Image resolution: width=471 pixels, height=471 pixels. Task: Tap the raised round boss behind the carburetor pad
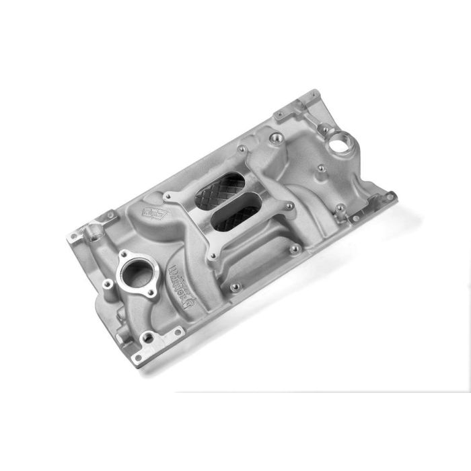click(x=274, y=139)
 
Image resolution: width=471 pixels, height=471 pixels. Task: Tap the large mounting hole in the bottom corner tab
click(x=139, y=357)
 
